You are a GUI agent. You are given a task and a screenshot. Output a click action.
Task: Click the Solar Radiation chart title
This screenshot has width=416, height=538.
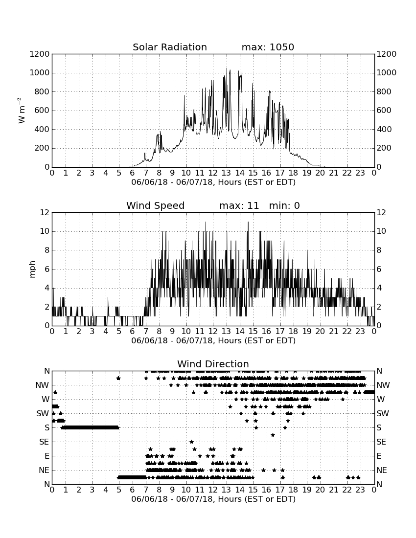tap(169, 47)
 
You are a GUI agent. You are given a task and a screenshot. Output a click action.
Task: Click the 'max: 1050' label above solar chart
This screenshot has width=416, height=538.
tap(268, 47)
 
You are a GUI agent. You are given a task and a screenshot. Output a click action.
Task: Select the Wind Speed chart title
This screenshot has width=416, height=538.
tap(155, 205)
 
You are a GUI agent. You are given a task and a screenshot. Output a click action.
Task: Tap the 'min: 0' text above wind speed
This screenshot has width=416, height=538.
tap(284, 205)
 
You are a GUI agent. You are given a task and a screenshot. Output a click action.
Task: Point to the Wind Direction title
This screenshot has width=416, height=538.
tap(213, 364)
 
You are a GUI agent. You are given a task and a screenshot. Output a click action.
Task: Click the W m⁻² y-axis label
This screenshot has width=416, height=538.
tap(21, 111)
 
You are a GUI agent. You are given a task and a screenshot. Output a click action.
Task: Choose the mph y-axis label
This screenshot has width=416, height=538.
tap(32, 269)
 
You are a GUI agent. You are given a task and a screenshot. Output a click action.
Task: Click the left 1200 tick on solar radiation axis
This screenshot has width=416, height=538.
tap(40, 54)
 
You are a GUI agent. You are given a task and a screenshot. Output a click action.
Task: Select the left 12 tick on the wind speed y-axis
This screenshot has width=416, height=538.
tap(45, 212)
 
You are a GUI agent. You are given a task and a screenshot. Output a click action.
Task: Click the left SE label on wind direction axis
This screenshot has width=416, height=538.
tap(44, 442)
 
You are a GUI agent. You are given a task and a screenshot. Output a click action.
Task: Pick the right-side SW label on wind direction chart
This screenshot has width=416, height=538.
tap(383, 413)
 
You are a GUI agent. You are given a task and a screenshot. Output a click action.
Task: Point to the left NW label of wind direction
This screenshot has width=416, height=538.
tap(42, 385)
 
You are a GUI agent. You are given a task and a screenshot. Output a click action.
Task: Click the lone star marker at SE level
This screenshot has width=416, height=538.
tap(191, 442)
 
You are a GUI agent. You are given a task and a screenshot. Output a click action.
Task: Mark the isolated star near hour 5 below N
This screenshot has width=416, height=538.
tap(118, 378)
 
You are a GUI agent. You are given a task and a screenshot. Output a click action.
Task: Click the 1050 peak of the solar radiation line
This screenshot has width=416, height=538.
tap(227, 68)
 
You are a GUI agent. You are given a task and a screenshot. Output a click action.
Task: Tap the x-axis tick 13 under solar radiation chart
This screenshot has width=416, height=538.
tap(226, 173)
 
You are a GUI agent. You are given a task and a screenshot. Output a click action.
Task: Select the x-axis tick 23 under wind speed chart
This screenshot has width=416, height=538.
tap(360, 332)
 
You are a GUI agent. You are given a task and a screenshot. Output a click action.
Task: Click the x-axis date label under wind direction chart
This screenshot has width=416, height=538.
tap(213, 499)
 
